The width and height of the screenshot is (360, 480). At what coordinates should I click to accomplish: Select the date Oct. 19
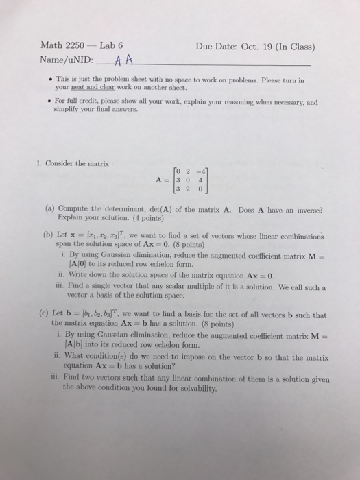coord(251,47)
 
